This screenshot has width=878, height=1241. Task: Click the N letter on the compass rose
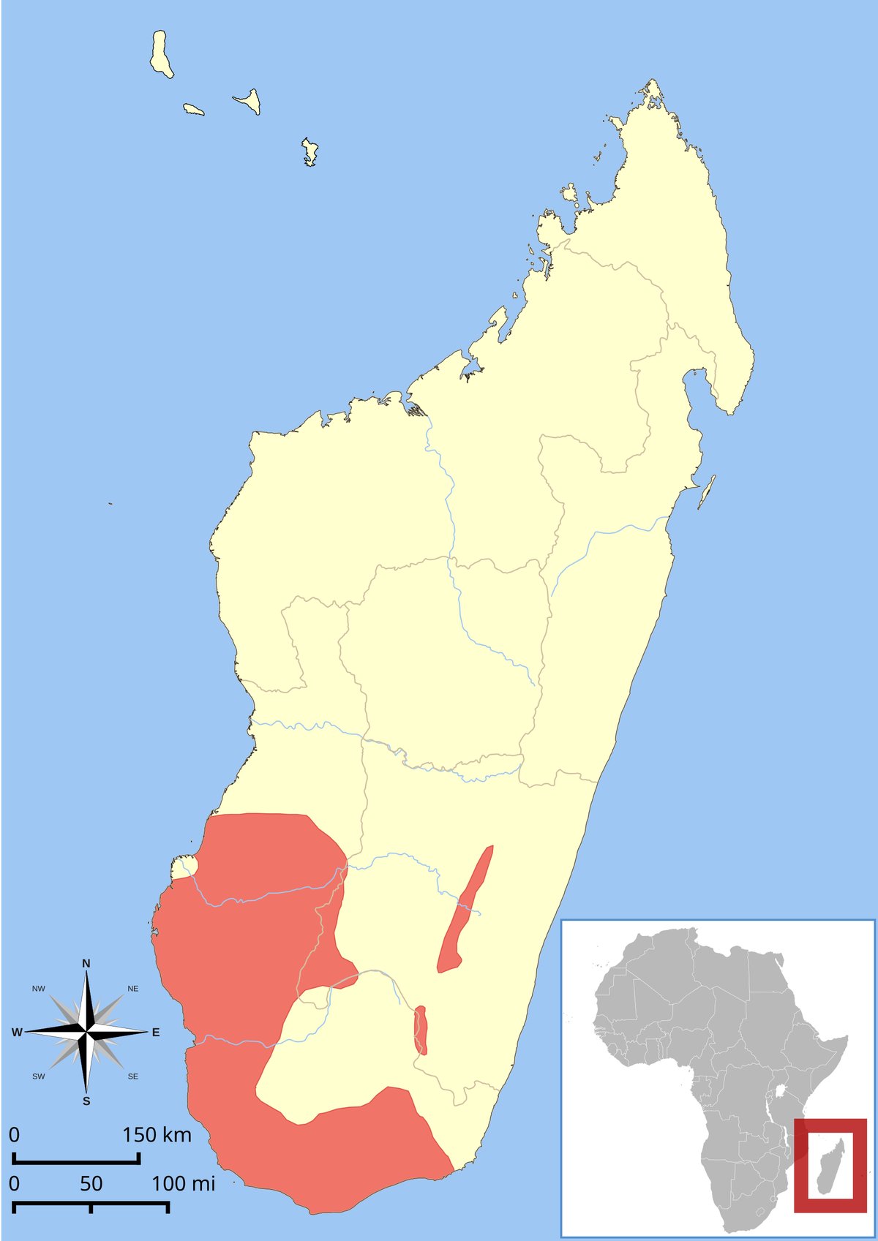[x=86, y=963]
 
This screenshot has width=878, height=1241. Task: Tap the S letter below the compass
[x=86, y=1101]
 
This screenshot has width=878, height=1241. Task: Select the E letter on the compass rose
[x=156, y=1033]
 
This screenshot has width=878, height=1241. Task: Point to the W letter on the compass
[x=17, y=1033]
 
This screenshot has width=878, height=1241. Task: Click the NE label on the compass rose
[x=132, y=989]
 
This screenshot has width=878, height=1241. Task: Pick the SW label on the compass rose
[x=39, y=1076]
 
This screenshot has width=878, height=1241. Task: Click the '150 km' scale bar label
[x=157, y=1135]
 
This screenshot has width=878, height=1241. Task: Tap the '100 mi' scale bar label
[x=183, y=1183]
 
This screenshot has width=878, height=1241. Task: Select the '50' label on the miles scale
[x=91, y=1183]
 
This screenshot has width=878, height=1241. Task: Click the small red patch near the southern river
[x=420, y=1030]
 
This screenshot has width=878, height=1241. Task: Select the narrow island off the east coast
[x=707, y=491]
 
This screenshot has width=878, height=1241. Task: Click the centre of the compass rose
[x=86, y=1032]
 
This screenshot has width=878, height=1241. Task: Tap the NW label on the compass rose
[x=39, y=989]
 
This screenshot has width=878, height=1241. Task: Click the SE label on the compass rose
[x=132, y=1076]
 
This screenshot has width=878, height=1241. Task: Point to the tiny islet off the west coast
[x=110, y=503]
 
